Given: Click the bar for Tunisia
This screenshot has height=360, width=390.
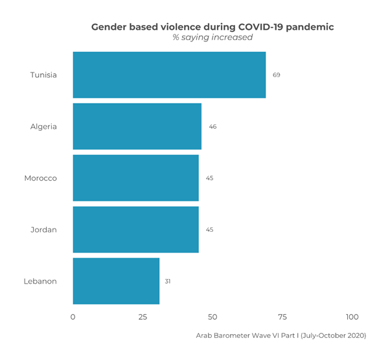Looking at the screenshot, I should coord(169,75).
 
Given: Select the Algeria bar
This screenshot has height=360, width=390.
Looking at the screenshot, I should coord(137,126).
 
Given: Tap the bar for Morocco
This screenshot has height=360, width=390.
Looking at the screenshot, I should coord(135,178).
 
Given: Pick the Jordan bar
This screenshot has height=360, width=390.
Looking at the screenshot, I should coord(135,229).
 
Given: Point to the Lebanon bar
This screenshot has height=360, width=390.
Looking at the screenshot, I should coord(116,281).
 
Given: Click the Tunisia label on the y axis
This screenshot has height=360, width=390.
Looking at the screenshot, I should coord(43,75).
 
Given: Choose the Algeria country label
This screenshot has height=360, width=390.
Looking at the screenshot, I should coord(43,126).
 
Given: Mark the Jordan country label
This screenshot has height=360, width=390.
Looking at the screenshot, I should coord(43,229).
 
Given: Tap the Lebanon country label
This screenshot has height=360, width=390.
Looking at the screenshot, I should coord(40,281).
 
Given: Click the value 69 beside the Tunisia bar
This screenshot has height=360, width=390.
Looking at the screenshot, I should coord(277,75).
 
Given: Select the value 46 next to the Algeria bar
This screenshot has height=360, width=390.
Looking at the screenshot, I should coord(212,126).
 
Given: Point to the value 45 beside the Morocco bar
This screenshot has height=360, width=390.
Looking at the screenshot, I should coord(210,178).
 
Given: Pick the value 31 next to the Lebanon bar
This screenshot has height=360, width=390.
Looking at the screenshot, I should coord(167,281).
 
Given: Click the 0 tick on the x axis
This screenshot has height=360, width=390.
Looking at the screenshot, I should coord(73,317).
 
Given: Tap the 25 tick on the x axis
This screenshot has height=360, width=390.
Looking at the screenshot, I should coord(143,317).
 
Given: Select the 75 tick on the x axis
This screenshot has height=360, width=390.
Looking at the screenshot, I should coord(282,317).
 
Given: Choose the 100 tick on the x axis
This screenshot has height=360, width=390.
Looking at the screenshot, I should coord(352,317).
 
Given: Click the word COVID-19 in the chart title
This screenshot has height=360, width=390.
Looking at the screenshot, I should coord(261,27).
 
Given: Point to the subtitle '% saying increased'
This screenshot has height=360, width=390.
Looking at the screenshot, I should coord(212,38).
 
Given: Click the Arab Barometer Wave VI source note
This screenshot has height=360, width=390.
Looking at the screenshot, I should coord(281,335).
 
